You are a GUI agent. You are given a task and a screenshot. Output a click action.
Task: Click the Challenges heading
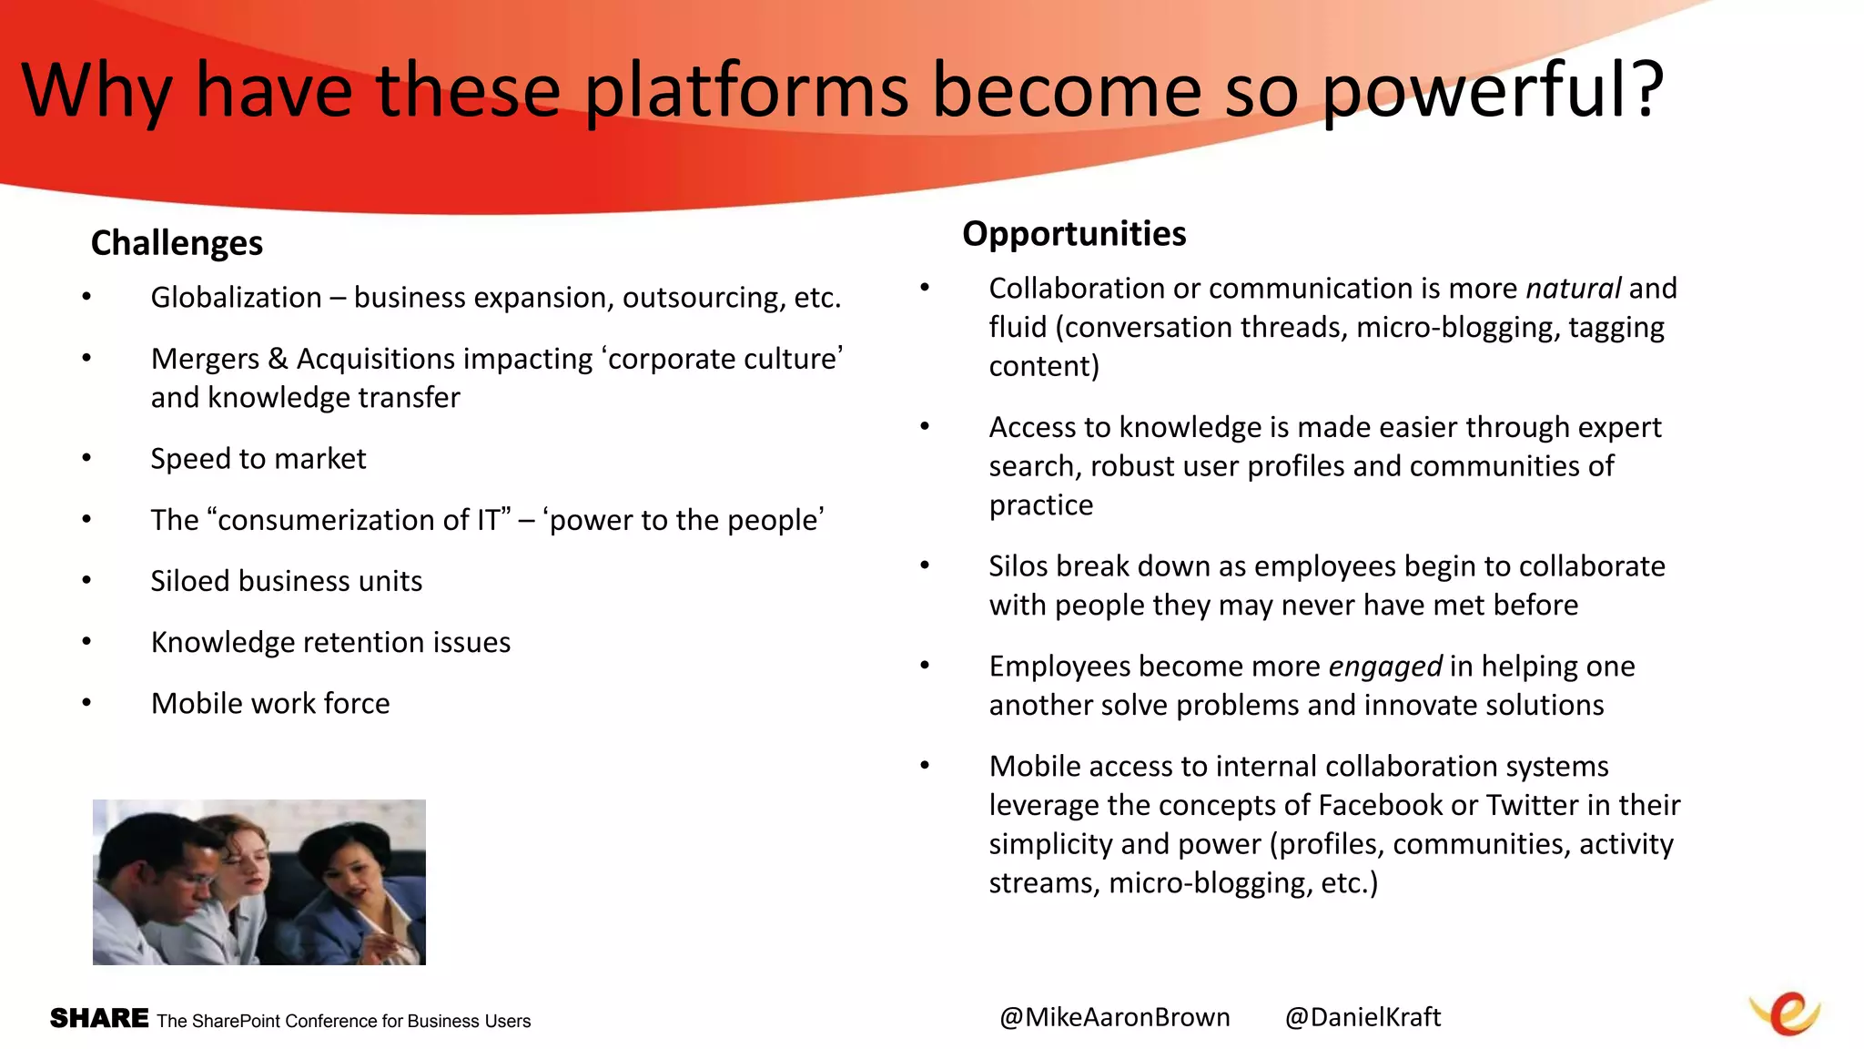point(177,244)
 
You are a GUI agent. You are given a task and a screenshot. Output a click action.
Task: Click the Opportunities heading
point(1074,234)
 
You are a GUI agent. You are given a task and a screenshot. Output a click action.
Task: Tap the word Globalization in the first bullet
point(236,298)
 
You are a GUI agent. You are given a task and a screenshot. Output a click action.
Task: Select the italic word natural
point(1573,289)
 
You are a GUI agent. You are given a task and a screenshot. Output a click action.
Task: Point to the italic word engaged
point(1384,667)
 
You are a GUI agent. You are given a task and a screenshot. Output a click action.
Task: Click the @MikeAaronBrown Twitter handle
point(1114,1017)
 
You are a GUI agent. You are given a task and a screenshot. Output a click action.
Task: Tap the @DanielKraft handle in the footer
point(1363,1017)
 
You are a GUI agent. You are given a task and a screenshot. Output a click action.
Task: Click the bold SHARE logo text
point(99,1018)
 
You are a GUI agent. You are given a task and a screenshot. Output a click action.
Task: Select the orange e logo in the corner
point(1786,1013)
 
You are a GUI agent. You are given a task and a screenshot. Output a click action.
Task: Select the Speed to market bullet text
point(258,459)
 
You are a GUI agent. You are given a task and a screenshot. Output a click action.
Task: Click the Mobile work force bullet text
point(270,704)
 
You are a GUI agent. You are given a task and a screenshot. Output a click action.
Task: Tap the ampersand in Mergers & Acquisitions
point(278,360)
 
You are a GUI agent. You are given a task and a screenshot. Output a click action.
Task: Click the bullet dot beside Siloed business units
point(86,581)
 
